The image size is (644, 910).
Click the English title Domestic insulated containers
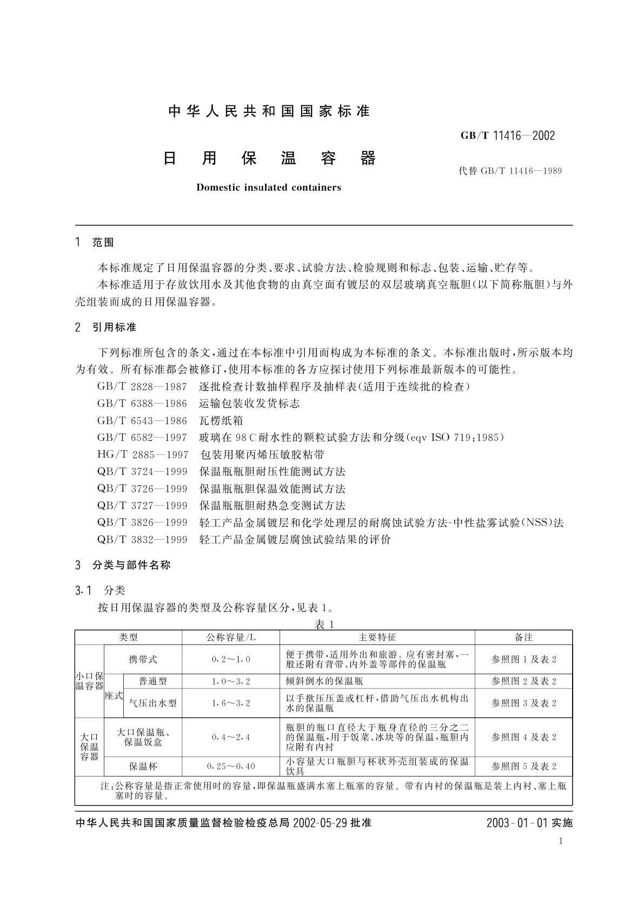coord(269,188)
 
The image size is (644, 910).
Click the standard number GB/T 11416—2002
coord(507,136)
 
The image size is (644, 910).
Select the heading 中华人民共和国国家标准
coord(269,111)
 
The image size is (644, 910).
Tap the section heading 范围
coord(103,243)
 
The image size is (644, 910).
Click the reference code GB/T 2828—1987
coord(142,387)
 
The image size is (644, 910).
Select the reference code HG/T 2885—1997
coord(143,455)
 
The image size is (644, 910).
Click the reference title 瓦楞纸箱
coord(221,421)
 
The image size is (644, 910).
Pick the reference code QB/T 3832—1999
coord(142,539)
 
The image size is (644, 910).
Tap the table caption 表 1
coord(324,624)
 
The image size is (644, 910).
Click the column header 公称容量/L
coord(231,638)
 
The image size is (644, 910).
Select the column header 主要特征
coord(377,638)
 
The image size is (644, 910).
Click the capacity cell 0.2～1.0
coord(231,660)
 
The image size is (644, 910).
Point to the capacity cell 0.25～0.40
coord(231,766)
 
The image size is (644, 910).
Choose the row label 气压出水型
coord(153,703)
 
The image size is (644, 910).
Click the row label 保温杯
coord(143,766)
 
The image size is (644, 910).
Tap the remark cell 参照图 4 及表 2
coord(523,737)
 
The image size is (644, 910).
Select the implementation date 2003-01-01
coord(517,823)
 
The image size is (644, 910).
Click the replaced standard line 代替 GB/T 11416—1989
coord(510,171)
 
